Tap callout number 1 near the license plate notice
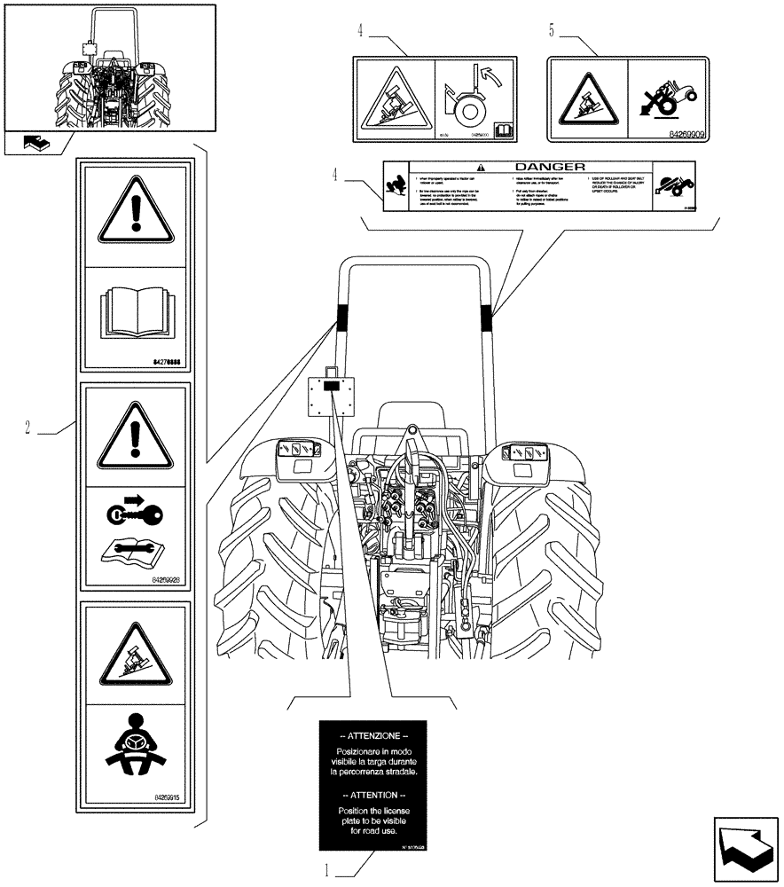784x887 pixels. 326,871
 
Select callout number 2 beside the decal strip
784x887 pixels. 28,428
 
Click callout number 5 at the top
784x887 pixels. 552,32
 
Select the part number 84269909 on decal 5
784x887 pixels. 682,137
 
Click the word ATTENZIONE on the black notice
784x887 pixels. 374,736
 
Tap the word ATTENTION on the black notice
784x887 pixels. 374,796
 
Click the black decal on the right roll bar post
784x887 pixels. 486,316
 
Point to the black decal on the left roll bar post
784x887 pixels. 340,316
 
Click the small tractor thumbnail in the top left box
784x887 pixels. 109,75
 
